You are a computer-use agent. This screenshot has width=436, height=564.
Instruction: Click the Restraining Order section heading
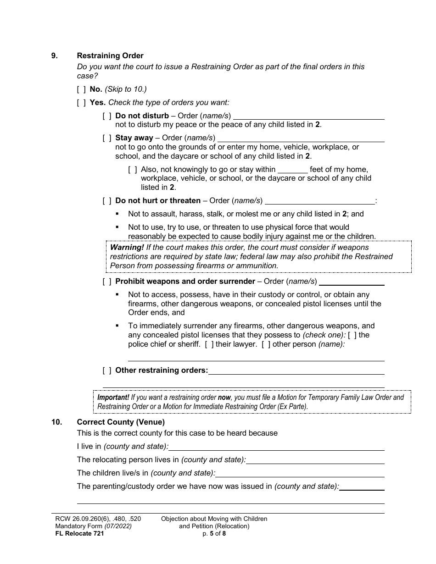pyautogui.click(x=110, y=55)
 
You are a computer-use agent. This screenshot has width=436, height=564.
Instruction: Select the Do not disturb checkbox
pyautogui.click(x=107, y=116)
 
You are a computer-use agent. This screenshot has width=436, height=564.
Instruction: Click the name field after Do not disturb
pyautogui.click(x=308, y=116)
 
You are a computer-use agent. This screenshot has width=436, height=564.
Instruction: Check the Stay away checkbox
pyautogui.click(x=107, y=138)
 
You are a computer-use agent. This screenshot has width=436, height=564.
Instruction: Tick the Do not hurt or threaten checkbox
pyautogui.click(x=107, y=200)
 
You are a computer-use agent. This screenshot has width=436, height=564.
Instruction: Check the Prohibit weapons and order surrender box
pyautogui.click(x=107, y=281)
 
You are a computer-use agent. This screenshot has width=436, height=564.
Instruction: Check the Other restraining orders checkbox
pyautogui.click(x=107, y=370)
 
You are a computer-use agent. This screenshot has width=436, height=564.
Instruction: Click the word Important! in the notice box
pyautogui.click(x=113, y=398)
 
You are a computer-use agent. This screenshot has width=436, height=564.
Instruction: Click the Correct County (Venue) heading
pyautogui.click(x=121, y=422)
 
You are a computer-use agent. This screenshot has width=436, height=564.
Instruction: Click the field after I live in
pyautogui.click(x=276, y=447)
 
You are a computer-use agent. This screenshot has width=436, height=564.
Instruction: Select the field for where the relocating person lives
pyautogui.click(x=315, y=460)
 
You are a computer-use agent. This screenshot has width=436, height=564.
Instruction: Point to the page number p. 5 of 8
pyautogui.click(x=214, y=533)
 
